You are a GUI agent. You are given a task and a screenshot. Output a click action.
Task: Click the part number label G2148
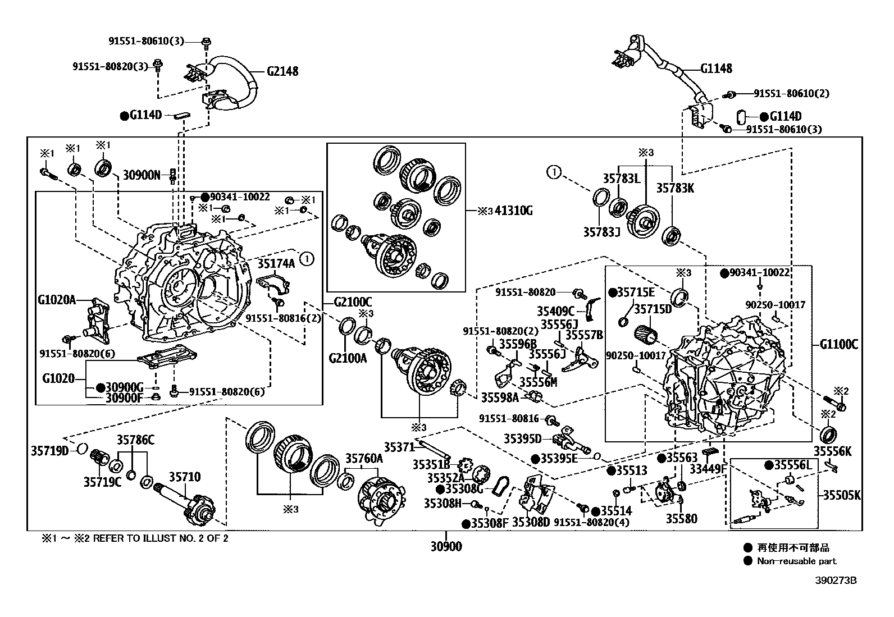pos(282,71)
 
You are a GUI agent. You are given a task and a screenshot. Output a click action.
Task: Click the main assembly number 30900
pos(446,546)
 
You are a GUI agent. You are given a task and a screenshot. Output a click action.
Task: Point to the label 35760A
pos(364,459)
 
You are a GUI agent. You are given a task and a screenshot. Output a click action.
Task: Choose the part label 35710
pos(185,477)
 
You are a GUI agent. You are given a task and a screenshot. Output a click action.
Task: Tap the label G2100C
pos(353,302)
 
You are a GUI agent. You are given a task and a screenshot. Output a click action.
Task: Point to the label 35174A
pos(276,263)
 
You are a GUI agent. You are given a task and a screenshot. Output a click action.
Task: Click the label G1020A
pos(57,300)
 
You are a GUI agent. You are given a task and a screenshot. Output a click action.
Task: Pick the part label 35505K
pos(842,495)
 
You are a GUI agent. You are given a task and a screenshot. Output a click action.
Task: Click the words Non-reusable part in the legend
pos(796,561)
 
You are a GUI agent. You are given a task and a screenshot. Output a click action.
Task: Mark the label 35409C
pos(556,311)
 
